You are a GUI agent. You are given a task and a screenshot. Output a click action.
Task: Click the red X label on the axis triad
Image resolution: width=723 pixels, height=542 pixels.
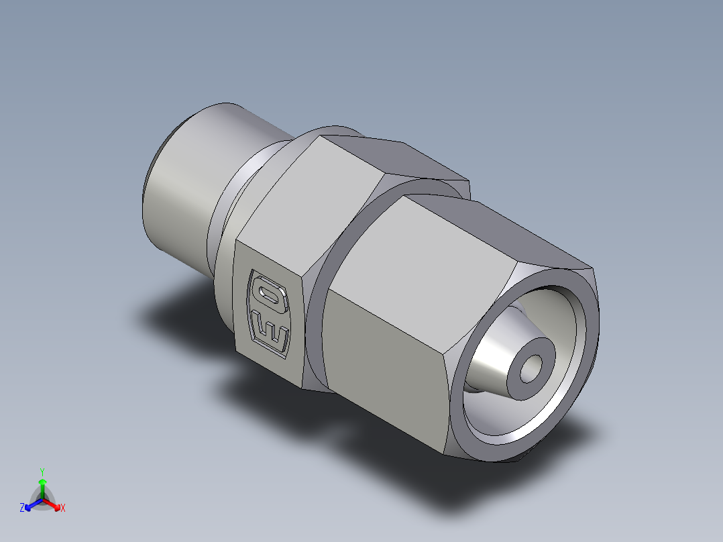tap(63, 508)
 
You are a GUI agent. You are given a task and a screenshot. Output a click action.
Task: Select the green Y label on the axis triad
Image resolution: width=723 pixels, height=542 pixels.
tap(42, 472)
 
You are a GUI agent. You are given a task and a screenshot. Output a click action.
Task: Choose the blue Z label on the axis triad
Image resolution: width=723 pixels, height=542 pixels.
tap(22, 508)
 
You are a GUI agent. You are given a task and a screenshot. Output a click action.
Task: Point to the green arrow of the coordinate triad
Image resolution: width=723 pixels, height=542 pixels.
tap(42, 486)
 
